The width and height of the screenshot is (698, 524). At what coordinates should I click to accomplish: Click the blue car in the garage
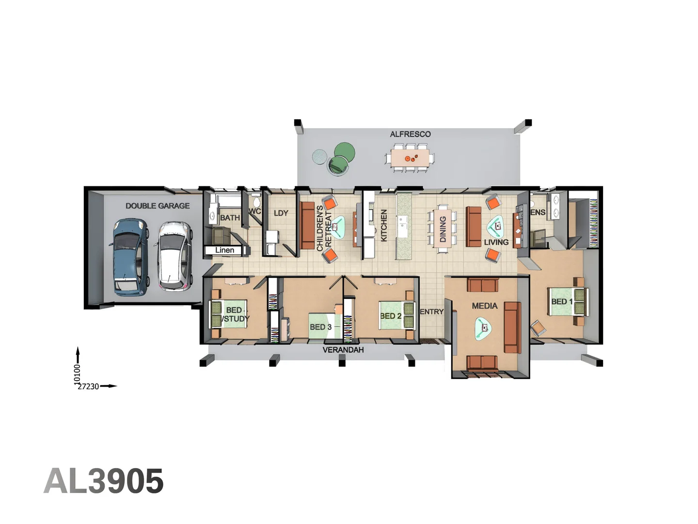(130, 257)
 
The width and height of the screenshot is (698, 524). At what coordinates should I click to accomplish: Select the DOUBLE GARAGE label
(158, 206)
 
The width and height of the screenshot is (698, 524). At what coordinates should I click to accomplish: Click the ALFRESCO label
(410, 134)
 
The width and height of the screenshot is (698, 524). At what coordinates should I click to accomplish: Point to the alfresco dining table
(411, 158)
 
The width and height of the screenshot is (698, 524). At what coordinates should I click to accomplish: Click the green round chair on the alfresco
(344, 152)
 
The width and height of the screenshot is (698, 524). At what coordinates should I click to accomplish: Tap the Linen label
(224, 250)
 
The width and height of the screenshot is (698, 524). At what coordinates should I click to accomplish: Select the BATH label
(230, 218)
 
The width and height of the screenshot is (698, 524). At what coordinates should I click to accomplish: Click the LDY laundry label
(281, 213)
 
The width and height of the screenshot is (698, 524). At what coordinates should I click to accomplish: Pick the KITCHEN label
(384, 226)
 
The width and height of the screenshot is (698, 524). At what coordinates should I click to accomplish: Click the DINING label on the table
(443, 229)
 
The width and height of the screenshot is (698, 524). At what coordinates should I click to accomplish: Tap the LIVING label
(496, 242)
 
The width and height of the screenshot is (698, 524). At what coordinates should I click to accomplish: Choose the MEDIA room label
(484, 306)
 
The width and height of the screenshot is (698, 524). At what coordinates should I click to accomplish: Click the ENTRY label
(431, 311)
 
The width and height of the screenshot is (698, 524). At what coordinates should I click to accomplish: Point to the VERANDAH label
(343, 350)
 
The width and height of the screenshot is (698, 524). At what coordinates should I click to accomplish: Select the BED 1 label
(561, 301)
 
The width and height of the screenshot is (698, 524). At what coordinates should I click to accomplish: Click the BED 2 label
(391, 316)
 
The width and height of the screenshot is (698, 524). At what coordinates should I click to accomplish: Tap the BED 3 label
(320, 327)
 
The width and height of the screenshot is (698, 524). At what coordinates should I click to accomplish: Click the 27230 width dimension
(89, 387)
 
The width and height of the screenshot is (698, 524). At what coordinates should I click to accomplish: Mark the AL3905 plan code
(104, 481)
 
